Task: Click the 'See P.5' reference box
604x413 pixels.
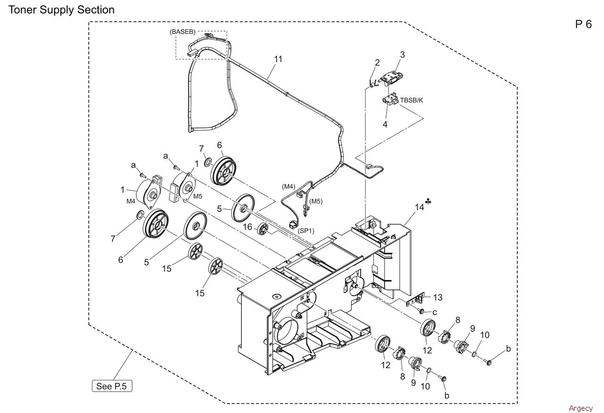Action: pos(112,386)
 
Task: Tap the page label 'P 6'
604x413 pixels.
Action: pos(583,25)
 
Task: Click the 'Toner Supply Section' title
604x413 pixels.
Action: pos(61,10)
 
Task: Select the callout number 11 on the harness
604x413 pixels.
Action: pos(278,59)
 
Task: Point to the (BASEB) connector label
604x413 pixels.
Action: pos(183,32)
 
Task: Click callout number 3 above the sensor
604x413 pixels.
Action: pos(403,55)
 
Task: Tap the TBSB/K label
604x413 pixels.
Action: pos(411,101)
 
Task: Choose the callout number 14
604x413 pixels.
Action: pos(419,207)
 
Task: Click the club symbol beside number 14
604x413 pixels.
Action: pos(428,201)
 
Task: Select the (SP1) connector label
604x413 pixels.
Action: pos(306,231)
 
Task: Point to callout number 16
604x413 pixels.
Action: pos(248,227)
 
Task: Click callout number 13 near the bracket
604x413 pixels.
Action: pos(437,297)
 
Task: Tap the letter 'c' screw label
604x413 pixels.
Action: pos(435,312)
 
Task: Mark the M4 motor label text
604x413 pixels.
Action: pos(131,201)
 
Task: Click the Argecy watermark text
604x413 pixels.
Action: pos(581,408)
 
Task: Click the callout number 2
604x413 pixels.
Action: pos(377,63)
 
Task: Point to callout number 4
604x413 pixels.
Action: pos(385,124)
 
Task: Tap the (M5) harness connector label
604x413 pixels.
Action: pos(316,201)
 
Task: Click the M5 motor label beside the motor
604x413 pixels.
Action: pos(198,196)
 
